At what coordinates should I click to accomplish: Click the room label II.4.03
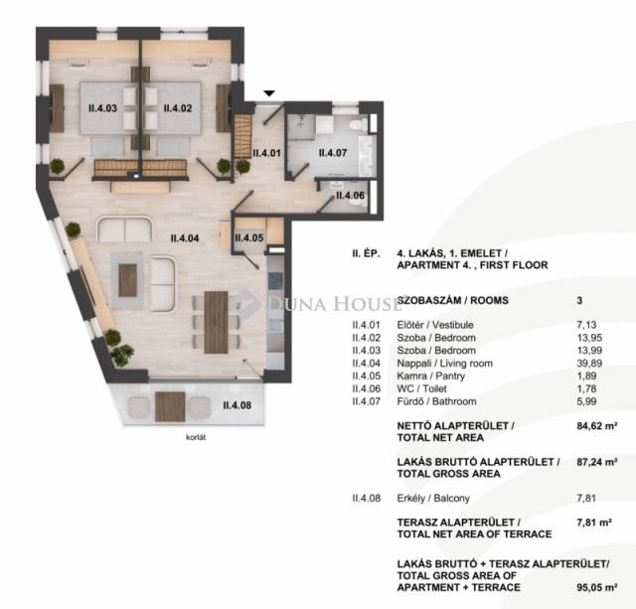(102, 108)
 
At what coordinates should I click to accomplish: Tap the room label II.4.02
(178, 108)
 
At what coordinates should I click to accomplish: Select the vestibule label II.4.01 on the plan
(266, 153)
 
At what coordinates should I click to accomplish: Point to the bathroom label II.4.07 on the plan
(333, 153)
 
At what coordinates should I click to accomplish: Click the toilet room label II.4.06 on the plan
(350, 196)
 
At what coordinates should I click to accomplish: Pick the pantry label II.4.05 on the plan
(249, 238)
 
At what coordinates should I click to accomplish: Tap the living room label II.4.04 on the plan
(185, 238)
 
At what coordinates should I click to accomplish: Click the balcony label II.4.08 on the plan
(237, 405)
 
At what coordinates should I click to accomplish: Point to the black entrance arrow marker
(269, 93)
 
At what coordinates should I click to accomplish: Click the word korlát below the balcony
(196, 437)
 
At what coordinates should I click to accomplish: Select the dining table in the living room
(216, 322)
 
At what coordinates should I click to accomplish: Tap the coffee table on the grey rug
(128, 280)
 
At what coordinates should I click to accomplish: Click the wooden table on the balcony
(170, 406)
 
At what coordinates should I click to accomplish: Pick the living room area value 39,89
(589, 364)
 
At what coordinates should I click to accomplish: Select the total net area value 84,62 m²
(597, 426)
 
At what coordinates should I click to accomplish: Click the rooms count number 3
(579, 300)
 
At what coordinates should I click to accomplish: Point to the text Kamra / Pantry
(430, 376)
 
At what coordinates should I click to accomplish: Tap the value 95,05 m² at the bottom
(597, 587)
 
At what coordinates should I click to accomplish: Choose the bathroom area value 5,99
(586, 401)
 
